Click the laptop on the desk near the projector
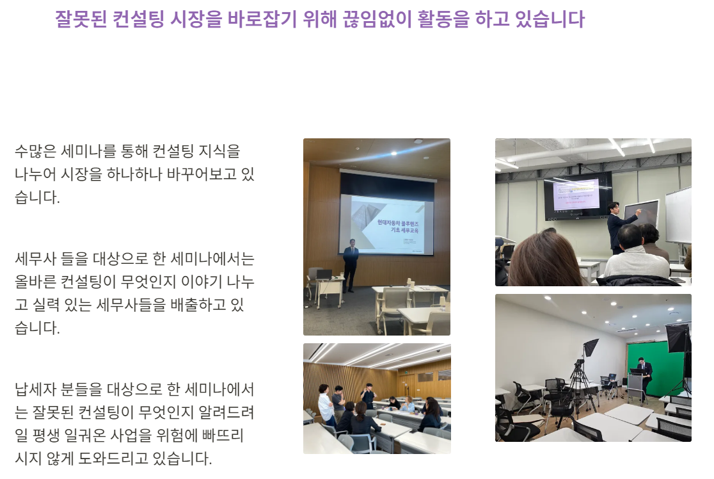pos(324,275)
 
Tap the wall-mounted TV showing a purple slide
pos(577,194)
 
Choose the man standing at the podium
pos(643,371)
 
